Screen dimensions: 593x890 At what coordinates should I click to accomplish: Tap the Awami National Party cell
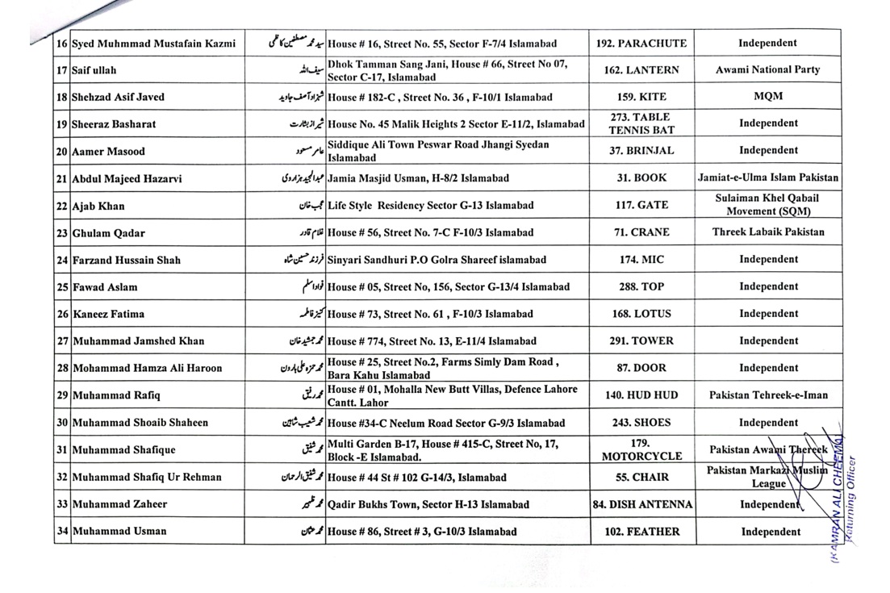click(x=767, y=70)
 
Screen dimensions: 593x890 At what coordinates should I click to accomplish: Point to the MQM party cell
click(x=767, y=97)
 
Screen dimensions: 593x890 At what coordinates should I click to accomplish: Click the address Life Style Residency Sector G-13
click(x=432, y=206)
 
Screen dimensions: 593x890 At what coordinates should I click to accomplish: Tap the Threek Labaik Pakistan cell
click(x=767, y=232)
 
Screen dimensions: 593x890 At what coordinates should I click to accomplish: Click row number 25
click(x=61, y=287)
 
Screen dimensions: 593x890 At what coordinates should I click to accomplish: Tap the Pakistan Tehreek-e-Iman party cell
click(x=767, y=396)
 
